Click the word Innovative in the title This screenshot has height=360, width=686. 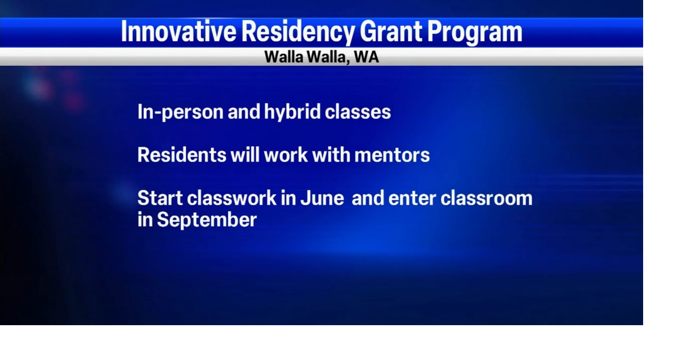pyautogui.click(x=178, y=32)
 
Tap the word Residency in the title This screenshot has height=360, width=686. pyautogui.click(x=297, y=32)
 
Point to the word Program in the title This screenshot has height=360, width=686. pyautogui.click(x=474, y=32)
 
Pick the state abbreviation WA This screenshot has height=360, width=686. pyautogui.click(x=367, y=57)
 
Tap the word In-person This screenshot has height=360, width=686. pyautogui.click(x=180, y=112)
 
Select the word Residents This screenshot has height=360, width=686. pyautogui.click(x=182, y=155)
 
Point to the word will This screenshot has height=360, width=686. pyautogui.click(x=245, y=155)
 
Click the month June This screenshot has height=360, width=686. pyautogui.click(x=322, y=198)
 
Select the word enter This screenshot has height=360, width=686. pyautogui.click(x=412, y=198)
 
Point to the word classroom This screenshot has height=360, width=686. pyautogui.click(x=487, y=198)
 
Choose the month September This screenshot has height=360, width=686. pyautogui.click(x=206, y=220)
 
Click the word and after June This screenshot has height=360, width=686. pyautogui.click(x=368, y=198)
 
